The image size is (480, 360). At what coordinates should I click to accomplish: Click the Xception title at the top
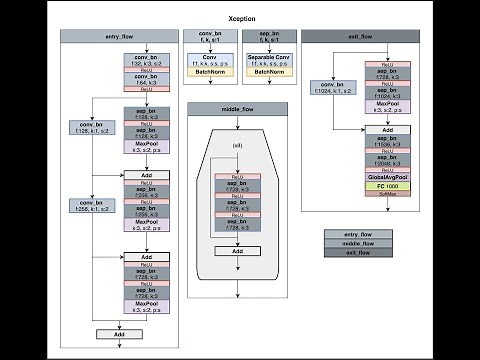[239, 18]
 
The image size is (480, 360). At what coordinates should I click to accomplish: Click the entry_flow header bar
[119, 36]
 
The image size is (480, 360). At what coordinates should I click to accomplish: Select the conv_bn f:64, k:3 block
[146, 77]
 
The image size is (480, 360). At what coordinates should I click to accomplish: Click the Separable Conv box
[269, 60]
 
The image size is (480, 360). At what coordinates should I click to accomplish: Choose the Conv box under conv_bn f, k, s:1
[209, 60]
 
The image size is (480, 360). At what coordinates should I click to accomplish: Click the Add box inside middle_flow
[237, 251]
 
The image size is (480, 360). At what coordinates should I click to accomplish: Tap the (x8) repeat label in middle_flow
[237, 147]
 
